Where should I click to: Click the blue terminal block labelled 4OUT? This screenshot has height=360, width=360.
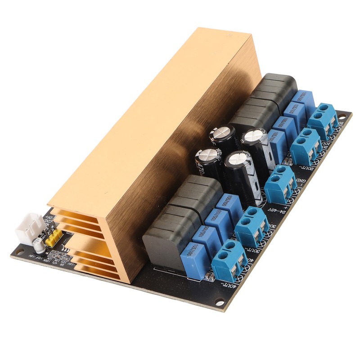tap(229, 260)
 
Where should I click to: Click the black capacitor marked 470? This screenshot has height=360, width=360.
tap(208, 162)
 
